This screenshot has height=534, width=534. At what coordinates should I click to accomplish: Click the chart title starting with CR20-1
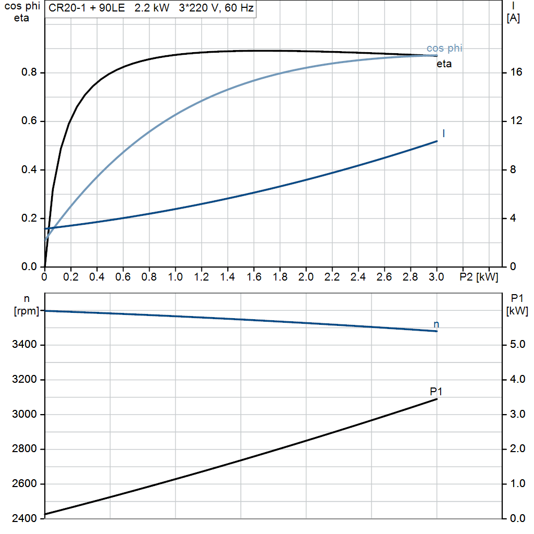[x=151, y=9]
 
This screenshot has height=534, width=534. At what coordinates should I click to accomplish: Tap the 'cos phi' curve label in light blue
[x=444, y=48]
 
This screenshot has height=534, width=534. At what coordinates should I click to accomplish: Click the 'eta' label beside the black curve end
[x=444, y=65]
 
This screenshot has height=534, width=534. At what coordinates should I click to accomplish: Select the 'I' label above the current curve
[x=443, y=133]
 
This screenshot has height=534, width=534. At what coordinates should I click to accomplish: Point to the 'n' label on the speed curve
[x=436, y=324]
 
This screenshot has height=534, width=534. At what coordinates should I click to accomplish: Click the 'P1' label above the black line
[x=436, y=391]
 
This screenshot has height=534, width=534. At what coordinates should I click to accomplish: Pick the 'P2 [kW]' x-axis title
[x=478, y=276]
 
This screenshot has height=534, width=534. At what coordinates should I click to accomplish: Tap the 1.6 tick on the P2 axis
[x=254, y=276]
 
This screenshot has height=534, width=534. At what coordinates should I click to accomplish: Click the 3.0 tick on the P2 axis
[x=436, y=276]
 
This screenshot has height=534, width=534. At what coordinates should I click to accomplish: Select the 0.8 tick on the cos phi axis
[x=29, y=72]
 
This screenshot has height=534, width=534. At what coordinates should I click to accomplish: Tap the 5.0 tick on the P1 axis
[x=516, y=345]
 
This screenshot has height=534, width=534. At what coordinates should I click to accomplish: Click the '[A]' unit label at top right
[x=513, y=18]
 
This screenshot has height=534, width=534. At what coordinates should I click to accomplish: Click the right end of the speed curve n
[x=437, y=331]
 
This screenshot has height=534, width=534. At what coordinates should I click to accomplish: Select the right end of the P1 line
[x=437, y=399]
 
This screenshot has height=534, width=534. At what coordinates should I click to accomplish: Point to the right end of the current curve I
[x=437, y=141]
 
